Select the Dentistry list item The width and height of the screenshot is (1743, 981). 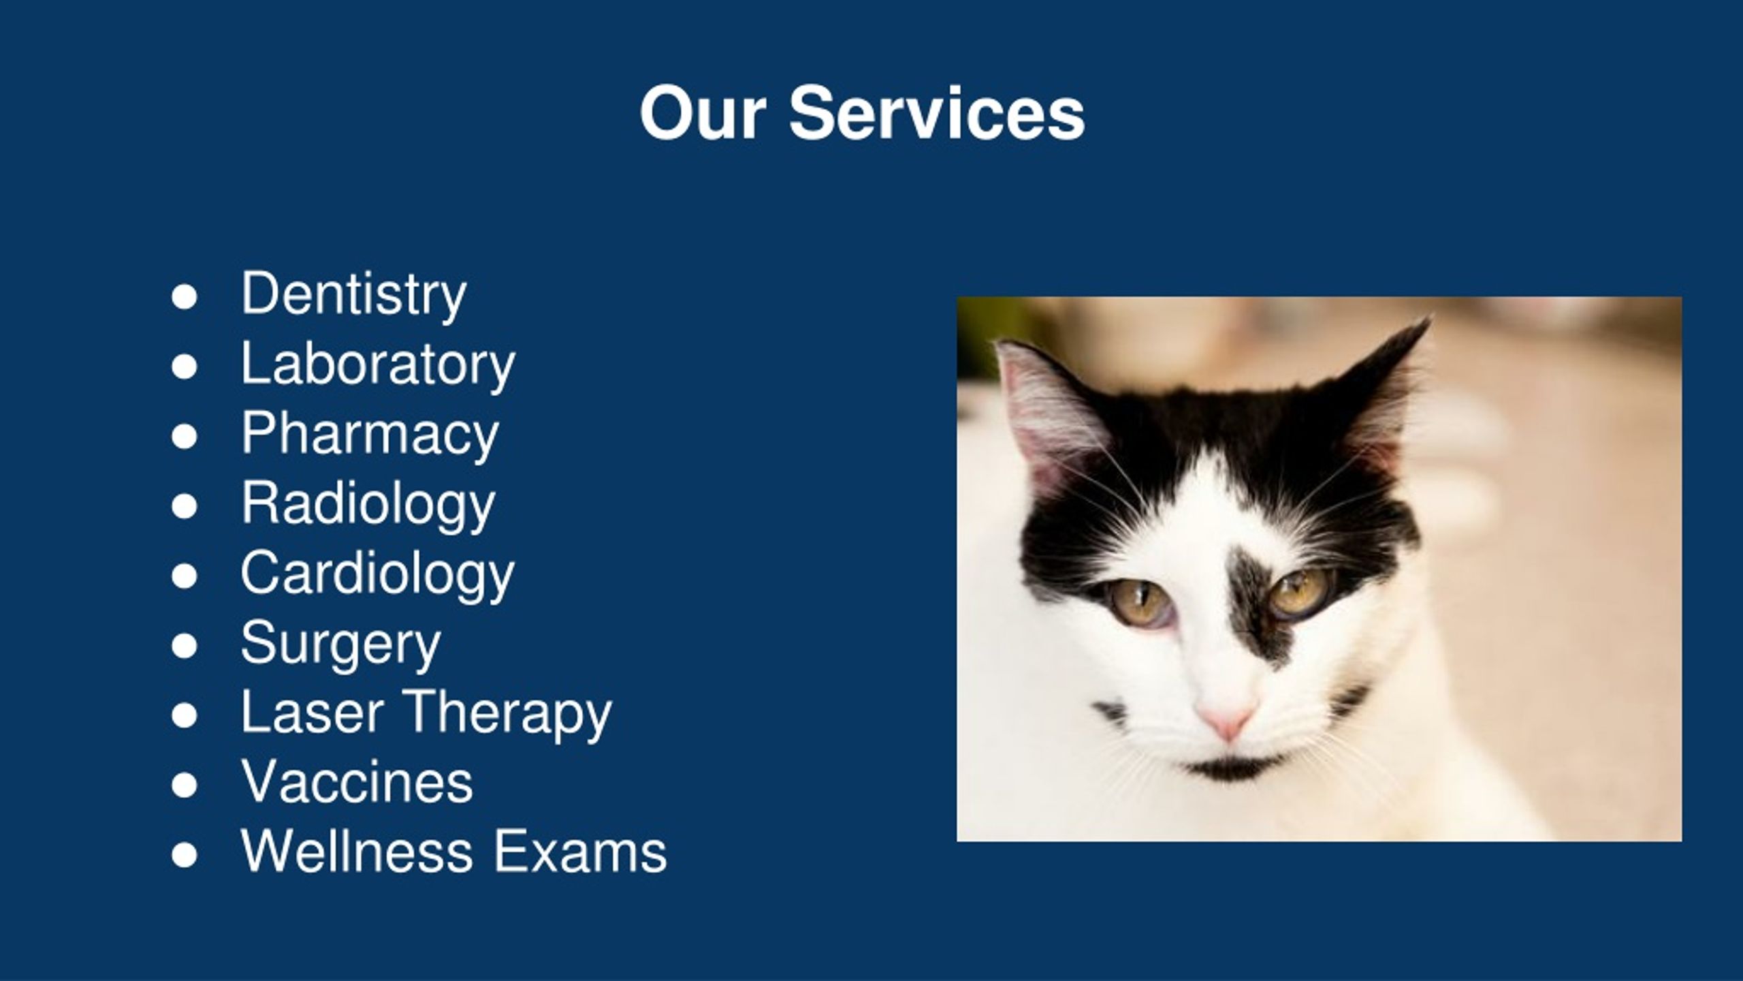(x=353, y=294)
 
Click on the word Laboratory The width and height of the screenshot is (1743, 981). (x=378, y=364)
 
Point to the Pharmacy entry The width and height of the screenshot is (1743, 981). (x=370, y=434)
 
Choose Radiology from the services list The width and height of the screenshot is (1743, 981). (x=368, y=504)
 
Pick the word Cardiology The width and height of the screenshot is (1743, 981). (x=377, y=574)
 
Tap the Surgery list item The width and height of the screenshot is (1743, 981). (x=340, y=644)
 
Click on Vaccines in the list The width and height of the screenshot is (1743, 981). (x=357, y=783)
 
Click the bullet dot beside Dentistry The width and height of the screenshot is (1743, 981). (x=185, y=298)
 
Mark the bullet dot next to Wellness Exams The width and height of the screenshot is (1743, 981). (x=185, y=856)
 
